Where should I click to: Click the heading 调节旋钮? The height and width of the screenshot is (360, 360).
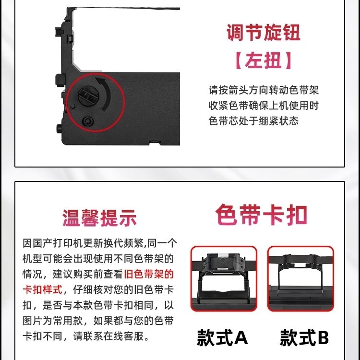click(x=264, y=33)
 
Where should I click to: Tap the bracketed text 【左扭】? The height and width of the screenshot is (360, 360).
click(x=264, y=60)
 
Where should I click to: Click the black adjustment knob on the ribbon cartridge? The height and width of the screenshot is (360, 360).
click(x=88, y=96)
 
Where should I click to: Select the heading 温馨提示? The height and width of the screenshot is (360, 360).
click(x=99, y=218)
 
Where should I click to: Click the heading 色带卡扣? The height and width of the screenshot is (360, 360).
click(x=261, y=215)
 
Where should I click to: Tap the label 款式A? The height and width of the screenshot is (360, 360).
click(x=222, y=337)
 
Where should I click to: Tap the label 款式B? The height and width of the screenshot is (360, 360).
click(x=304, y=337)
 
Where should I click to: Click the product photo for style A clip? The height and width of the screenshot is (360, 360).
click(x=224, y=279)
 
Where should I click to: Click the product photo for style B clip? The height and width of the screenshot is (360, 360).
click(x=300, y=279)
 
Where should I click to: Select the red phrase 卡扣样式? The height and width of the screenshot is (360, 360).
click(x=42, y=290)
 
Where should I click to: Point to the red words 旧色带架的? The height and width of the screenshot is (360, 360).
click(x=149, y=274)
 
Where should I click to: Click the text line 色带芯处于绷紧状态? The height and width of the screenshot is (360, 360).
click(x=254, y=121)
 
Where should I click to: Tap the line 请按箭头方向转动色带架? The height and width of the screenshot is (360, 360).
click(x=264, y=90)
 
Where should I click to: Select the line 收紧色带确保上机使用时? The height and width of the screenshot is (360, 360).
click(x=264, y=106)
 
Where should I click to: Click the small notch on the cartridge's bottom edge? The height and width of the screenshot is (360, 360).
click(x=155, y=143)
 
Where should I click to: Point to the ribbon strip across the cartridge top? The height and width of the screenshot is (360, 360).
click(x=127, y=9)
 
